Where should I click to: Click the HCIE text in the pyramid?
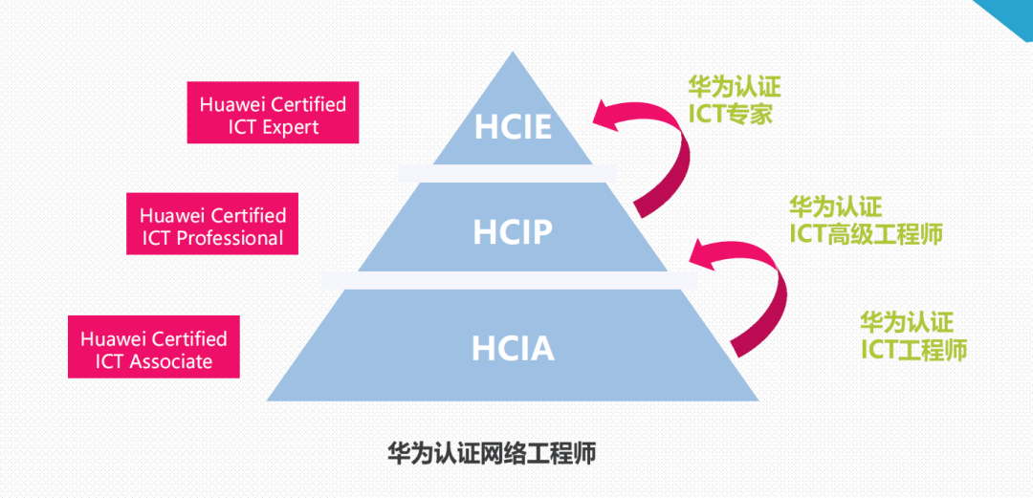[512, 127]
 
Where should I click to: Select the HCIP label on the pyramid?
[513, 231]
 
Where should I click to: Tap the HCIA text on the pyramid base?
[513, 348]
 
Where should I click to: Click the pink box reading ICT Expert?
[273, 115]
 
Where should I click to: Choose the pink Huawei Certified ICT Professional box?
[212, 227]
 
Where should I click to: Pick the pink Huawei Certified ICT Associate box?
[153, 350]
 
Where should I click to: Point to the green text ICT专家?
[731, 114]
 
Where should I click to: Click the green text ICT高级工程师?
[866, 232]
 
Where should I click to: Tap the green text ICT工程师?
[913, 350]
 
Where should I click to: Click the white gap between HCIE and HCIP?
[513, 173]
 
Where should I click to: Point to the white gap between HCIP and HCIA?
[513, 279]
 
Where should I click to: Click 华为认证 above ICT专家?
[735, 87]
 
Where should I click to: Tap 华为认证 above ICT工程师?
[907, 322]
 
